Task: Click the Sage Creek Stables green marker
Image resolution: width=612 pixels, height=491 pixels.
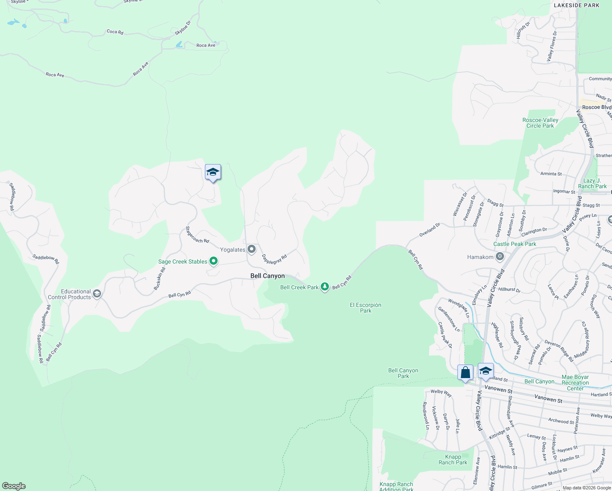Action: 213,261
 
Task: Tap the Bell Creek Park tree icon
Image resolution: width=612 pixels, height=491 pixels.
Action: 325,286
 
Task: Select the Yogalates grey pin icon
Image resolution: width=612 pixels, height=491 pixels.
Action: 252,249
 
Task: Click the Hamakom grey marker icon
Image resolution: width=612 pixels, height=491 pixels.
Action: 500,257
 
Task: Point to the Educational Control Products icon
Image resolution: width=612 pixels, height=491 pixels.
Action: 97,293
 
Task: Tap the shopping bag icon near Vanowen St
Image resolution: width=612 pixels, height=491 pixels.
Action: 466,373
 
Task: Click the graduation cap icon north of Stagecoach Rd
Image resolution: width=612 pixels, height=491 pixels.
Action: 213,172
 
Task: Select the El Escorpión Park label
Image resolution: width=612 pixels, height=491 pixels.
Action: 365,308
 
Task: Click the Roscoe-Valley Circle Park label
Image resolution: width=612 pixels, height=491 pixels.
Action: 540,123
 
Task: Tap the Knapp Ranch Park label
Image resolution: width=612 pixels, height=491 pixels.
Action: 453,459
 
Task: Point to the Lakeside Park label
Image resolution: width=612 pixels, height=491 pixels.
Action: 576,5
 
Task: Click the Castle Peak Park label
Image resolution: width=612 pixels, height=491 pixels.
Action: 515,244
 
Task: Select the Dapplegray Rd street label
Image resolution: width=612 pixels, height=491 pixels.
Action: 274,259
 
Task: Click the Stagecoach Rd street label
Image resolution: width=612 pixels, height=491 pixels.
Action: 197,235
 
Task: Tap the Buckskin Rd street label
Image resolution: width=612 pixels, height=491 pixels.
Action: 160,279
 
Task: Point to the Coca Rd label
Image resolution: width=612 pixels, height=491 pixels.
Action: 115,32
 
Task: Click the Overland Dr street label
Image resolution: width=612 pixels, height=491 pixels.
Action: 430,230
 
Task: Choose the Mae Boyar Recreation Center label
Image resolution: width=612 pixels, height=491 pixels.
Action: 575,383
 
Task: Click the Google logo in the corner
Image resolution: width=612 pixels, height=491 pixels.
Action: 14,486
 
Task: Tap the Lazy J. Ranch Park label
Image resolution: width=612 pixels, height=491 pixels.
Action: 592,183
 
